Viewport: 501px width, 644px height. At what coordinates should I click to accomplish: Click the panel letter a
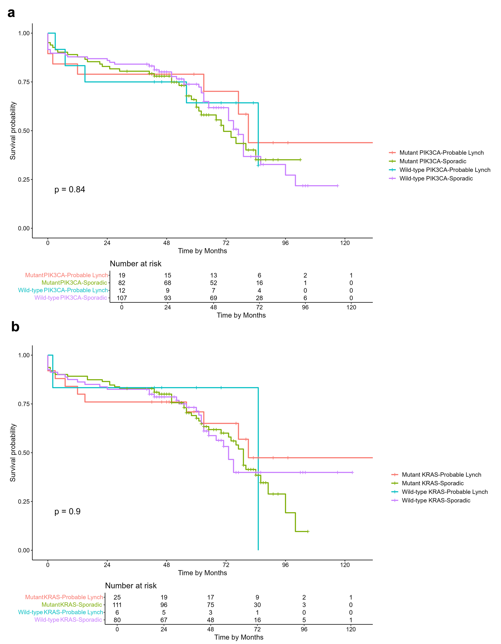[11, 13]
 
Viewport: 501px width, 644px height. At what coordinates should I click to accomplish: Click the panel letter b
[15, 327]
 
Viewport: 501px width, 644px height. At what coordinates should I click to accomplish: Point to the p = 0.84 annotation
[70, 189]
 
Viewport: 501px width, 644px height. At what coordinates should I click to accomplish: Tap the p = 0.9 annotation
[67, 511]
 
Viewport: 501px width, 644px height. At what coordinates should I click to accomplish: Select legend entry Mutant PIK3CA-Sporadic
[433, 161]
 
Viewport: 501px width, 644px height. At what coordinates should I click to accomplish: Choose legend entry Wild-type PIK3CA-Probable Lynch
[445, 170]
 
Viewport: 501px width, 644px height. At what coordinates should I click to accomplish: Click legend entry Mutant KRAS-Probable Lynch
[441, 474]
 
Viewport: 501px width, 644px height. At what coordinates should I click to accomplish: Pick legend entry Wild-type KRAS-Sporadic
[436, 500]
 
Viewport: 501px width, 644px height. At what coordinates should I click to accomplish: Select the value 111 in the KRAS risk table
[117, 605]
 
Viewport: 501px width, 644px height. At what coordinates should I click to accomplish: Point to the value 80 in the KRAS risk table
[117, 620]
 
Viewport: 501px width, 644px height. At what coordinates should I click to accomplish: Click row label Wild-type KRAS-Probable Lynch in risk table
[61, 612]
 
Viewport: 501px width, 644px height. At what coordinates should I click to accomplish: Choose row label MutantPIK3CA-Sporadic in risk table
[74, 282]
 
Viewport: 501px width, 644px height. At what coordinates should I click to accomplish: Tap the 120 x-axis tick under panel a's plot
[345, 243]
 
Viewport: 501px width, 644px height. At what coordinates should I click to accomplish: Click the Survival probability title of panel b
[13, 453]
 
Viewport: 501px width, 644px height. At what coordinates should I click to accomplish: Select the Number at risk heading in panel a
[135, 263]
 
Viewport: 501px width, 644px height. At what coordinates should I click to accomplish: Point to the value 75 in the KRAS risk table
[211, 605]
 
